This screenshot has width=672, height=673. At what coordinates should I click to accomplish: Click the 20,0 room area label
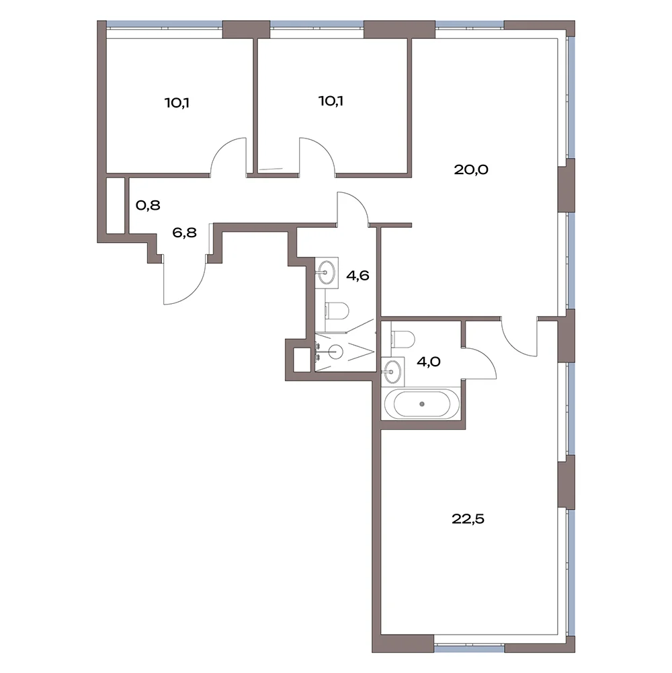[471, 169]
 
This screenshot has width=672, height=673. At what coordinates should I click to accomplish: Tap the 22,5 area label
[468, 519]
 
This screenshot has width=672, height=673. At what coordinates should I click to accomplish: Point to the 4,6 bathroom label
[358, 275]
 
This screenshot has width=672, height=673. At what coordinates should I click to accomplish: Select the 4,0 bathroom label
[428, 362]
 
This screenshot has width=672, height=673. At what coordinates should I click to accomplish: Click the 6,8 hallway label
[185, 233]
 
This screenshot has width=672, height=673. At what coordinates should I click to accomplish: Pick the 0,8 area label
[148, 205]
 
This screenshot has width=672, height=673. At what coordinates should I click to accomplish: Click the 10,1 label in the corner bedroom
[177, 103]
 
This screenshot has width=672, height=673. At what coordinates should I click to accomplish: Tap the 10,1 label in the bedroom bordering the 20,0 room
[331, 101]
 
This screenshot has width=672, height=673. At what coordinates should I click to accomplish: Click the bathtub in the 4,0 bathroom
[422, 404]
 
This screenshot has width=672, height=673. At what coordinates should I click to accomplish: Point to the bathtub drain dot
[422, 404]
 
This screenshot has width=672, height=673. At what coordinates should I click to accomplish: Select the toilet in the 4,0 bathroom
[403, 339]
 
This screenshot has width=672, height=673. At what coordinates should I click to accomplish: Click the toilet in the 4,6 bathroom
[337, 311]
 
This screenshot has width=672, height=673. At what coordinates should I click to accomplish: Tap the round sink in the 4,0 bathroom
[392, 370]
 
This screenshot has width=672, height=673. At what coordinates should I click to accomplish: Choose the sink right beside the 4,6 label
[327, 271]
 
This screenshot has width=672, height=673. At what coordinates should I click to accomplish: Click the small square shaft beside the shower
[302, 360]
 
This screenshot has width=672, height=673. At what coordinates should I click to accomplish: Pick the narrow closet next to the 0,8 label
[116, 206]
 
